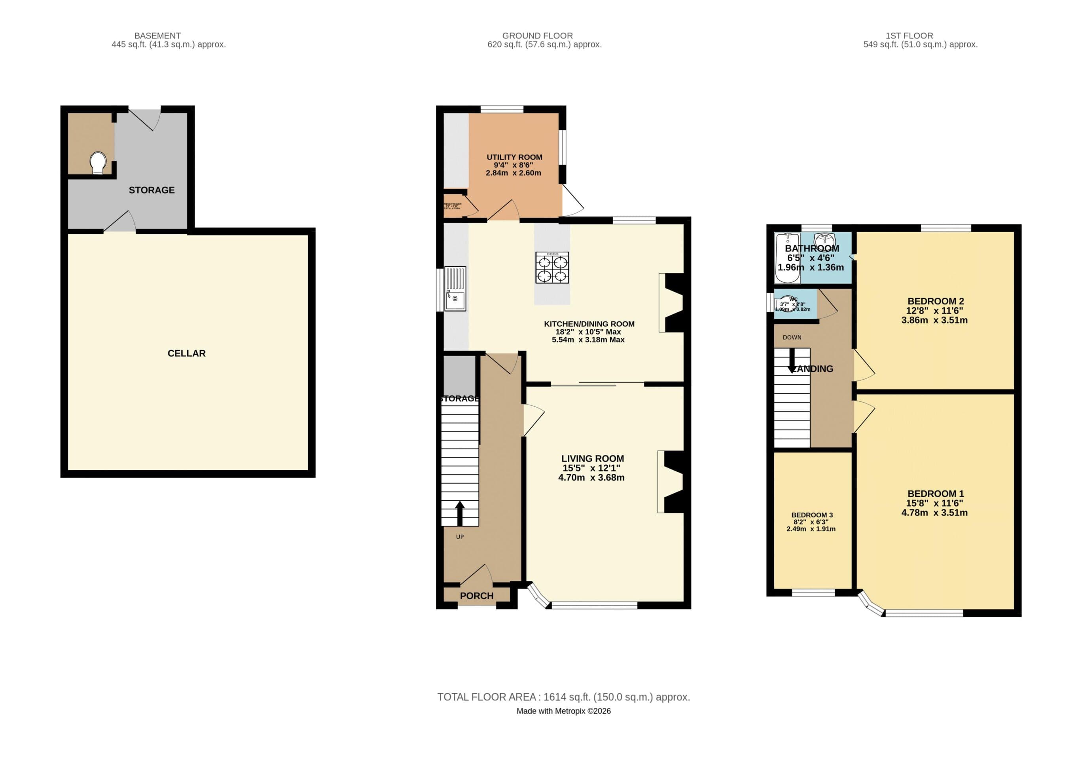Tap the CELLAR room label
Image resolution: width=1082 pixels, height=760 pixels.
(x=187, y=353)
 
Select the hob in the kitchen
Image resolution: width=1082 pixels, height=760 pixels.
(x=552, y=267)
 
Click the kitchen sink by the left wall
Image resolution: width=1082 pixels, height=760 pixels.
(x=455, y=289)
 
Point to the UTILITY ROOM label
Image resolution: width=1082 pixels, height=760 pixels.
(x=514, y=157)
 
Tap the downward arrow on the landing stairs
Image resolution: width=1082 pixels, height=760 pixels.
(x=792, y=361)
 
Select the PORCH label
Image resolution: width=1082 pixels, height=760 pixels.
(x=476, y=595)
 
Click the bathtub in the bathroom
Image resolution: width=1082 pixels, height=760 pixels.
(x=787, y=258)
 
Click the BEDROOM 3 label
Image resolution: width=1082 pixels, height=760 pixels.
(x=812, y=515)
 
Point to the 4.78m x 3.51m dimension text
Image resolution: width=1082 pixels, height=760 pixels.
(x=934, y=513)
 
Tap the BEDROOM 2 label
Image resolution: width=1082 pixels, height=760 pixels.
(x=936, y=301)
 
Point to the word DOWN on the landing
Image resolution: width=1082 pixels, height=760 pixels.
(x=792, y=337)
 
